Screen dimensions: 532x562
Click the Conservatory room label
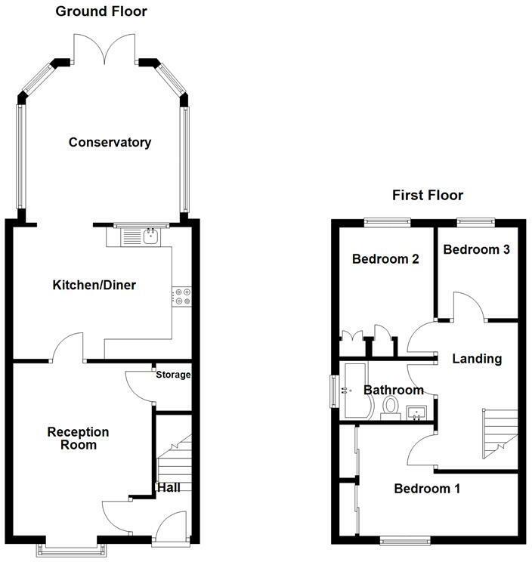click(110, 142)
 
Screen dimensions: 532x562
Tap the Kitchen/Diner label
click(94, 285)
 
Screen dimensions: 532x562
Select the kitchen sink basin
click(151, 236)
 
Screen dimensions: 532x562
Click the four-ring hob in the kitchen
click(182, 297)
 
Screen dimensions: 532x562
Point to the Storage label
click(173, 375)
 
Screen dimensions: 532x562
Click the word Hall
click(169, 487)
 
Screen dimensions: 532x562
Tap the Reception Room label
click(78, 438)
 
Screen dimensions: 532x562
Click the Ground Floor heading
click(101, 11)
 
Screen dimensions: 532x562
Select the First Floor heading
click(428, 195)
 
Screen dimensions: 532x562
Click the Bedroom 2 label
click(385, 259)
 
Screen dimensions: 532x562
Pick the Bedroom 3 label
click(476, 249)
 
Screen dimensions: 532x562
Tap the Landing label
click(477, 358)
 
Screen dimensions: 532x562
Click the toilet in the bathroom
click(391, 408)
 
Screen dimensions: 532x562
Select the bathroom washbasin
click(416, 412)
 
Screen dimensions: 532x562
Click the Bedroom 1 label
click(427, 489)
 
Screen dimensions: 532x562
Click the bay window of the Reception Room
click(72, 549)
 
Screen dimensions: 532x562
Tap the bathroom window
click(334, 391)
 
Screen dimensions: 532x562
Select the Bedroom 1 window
click(405, 541)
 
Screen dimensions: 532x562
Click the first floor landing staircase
click(500, 434)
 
